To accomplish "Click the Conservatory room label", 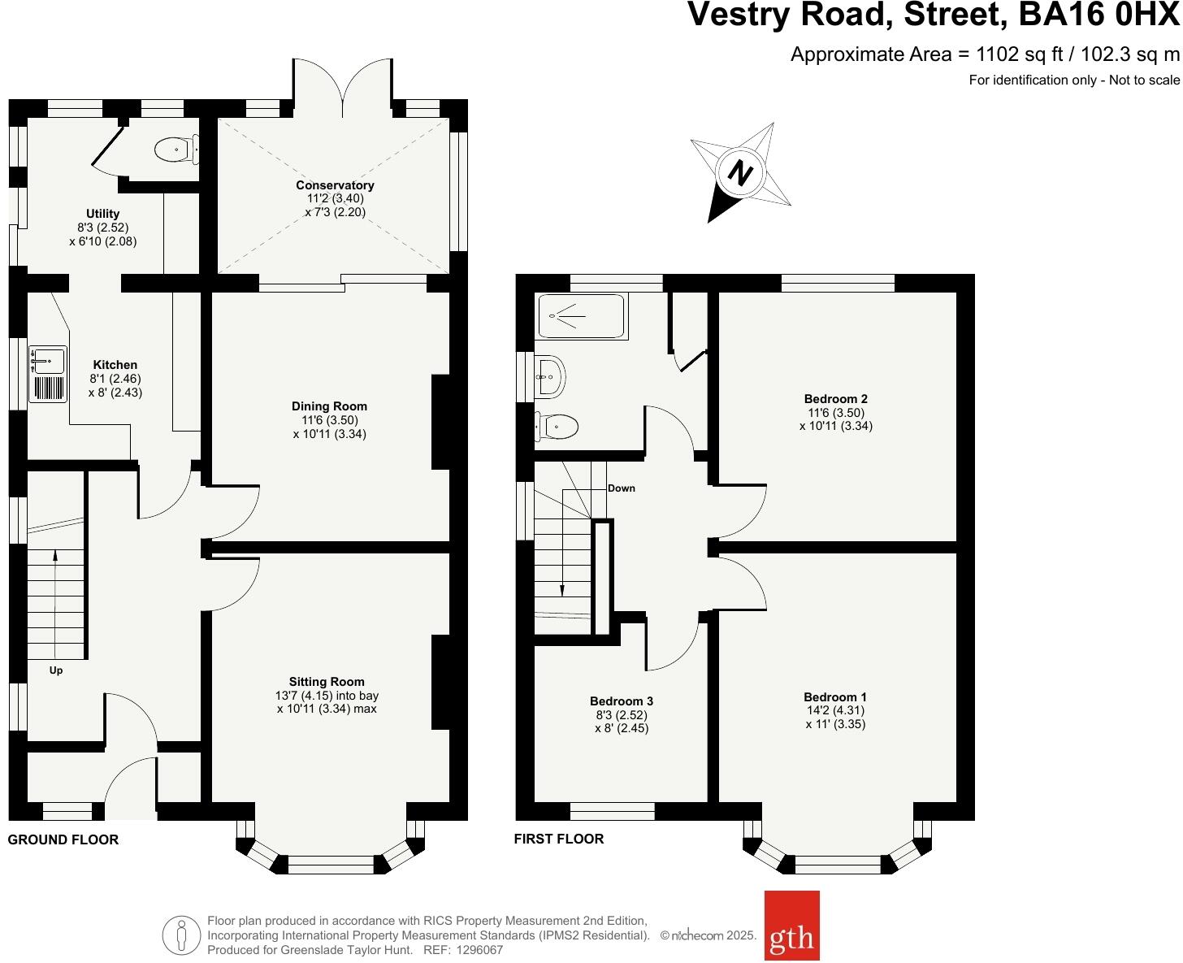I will (x=335, y=185).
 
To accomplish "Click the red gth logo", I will (x=791, y=926).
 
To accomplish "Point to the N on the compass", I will (x=739, y=172).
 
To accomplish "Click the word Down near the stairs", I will (x=622, y=488).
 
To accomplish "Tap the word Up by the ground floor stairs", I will (x=56, y=670).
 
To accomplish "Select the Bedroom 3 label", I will (x=622, y=701).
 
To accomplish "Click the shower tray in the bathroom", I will (x=581, y=316).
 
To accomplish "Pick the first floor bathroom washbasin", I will (x=550, y=376).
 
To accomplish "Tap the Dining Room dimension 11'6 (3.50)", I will (x=329, y=420).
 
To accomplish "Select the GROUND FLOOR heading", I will (x=63, y=839).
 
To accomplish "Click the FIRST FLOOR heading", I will (x=559, y=839).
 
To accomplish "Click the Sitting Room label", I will (x=327, y=682).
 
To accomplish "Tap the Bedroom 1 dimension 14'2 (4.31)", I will (x=835, y=710).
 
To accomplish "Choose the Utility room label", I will (x=103, y=214).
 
